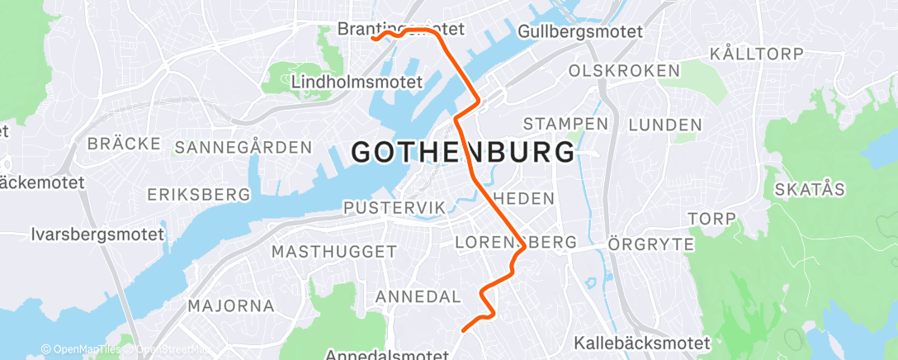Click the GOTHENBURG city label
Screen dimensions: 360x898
[x=463, y=152]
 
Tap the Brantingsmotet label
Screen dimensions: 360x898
[x=400, y=29]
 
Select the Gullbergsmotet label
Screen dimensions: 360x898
[x=581, y=32]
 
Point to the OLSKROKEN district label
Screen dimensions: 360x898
[x=623, y=71]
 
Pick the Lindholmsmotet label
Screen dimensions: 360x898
[x=357, y=83]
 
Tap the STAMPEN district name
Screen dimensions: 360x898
[x=565, y=124]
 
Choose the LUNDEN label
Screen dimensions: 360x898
[x=664, y=126]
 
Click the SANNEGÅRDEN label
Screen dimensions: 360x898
[x=243, y=148]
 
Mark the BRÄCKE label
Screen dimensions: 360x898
[x=124, y=144]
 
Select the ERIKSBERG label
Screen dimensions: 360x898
[x=198, y=195]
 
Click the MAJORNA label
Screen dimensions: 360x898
[x=231, y=306]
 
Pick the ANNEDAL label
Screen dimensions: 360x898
[x=417, y=296]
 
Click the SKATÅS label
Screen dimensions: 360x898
[x=810, y=190]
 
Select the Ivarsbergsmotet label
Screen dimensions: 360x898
[x=97, y=234]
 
